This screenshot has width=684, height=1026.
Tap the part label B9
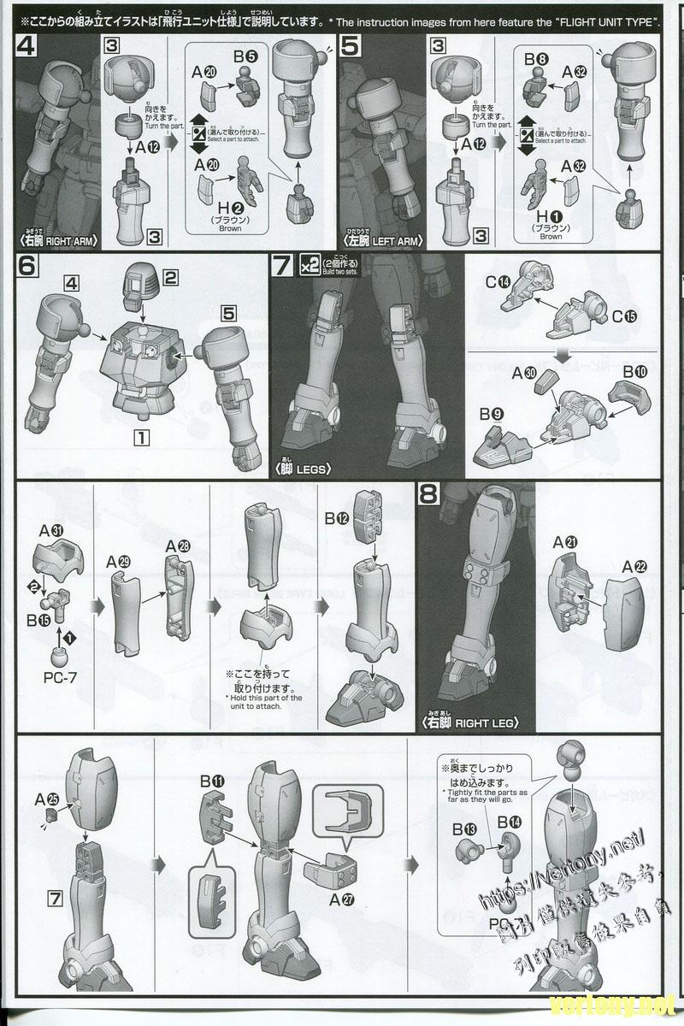coord(490,415)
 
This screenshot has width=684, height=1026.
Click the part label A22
coord(634,565)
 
